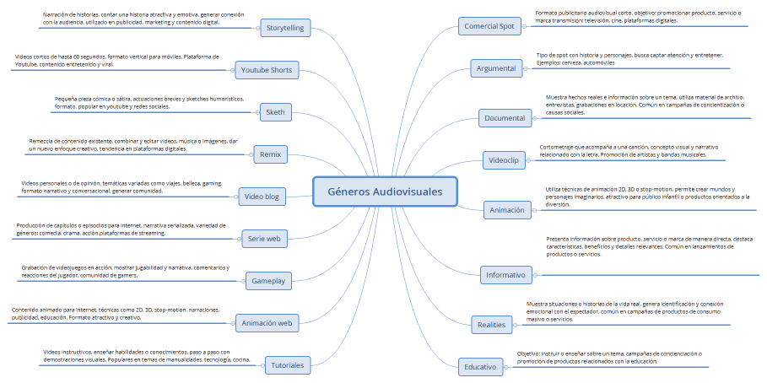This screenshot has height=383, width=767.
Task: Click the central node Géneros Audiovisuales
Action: point(384,191)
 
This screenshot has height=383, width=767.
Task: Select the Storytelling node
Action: point(285,28)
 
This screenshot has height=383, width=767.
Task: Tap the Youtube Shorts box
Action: point(265,69)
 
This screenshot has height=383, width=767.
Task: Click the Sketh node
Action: point(275,112)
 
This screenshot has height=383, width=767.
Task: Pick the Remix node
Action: point(271,154)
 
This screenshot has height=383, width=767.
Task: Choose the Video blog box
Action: point(262,197)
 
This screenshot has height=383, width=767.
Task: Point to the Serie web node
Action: point(264,239)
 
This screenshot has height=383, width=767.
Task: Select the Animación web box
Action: point(266,323)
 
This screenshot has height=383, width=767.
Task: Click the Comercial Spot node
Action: point(489,26)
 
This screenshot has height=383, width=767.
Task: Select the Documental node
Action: point(505,118)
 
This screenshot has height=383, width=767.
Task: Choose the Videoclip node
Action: point(504,159)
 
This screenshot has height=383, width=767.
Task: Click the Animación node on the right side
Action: point(507,209)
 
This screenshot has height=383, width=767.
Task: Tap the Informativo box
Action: point(505,275)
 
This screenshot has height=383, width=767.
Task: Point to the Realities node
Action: point(491,324)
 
